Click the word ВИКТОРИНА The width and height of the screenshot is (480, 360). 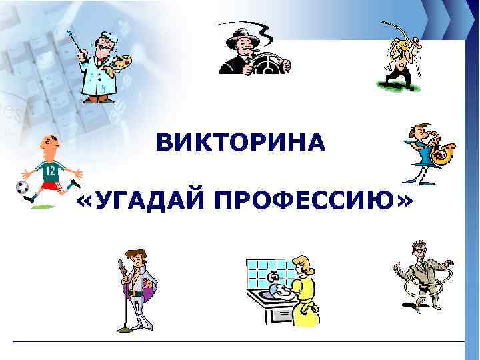pyautogui.click(x=241, y=142)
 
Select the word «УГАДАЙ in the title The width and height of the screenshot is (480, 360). pyautogui.click(x=137, y=199)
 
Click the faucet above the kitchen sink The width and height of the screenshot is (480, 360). pyautogui.click(x=273, y=277)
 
